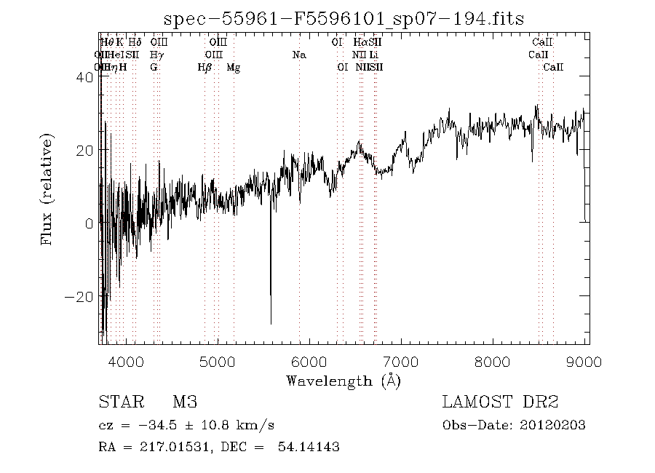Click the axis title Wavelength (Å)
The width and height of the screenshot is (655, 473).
point(344,381)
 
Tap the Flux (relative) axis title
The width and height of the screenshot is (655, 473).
point(48,188)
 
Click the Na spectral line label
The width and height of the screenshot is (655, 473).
point(299,55)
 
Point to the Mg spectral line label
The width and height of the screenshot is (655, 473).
point(234,68)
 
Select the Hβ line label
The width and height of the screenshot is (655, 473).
point(205,68)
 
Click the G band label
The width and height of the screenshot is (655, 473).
point(154,68)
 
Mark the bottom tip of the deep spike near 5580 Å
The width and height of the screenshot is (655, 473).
point(271,323)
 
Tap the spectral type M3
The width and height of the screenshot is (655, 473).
point(185,402)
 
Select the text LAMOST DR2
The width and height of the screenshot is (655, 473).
point(499,402)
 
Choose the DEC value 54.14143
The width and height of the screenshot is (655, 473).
point(309,447)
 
